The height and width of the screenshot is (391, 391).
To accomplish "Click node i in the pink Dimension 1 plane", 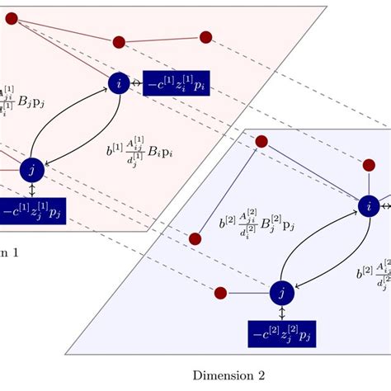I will point(120,83).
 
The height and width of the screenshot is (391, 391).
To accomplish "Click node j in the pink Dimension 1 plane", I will point(31,169).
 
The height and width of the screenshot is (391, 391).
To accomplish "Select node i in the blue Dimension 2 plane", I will point(368,206).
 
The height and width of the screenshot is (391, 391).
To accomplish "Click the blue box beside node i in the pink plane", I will point(176,83).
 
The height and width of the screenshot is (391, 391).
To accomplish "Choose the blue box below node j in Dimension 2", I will point(281,333).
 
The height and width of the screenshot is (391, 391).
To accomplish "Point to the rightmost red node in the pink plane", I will point(206,36).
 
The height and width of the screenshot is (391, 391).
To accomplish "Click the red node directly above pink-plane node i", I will point(118,41).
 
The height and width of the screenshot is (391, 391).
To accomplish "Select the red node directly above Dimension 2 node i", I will point(369,165).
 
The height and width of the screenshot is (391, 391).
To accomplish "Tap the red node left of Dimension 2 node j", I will point(220,293).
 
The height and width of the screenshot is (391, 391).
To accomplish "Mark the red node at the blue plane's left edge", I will point(195,239).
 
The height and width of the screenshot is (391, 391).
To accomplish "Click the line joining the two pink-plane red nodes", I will point(162,39).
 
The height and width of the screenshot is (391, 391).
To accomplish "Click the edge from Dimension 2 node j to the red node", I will point(249,293).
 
